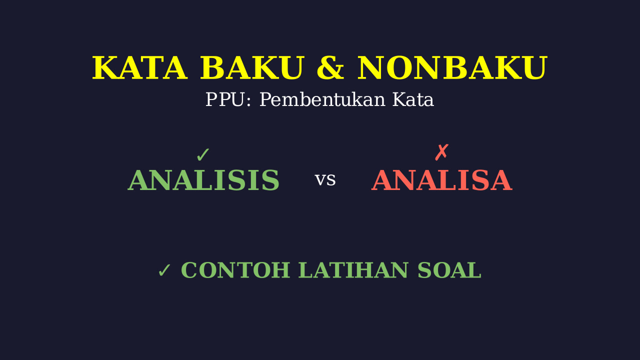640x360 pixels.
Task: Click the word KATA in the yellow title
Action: point(139,68)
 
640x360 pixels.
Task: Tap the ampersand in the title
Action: point(330,68)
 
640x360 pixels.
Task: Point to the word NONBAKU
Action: point(452,68)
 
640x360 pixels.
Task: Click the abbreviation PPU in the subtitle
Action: point(225,99)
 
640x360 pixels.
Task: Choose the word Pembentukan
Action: point(322,99)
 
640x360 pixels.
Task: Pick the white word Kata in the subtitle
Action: point(413,99)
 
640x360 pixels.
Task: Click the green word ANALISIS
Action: point(203,180)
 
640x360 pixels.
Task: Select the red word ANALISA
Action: point(441,180)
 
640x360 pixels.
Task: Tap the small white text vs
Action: point(325,180)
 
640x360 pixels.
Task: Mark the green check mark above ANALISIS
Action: point(203,155)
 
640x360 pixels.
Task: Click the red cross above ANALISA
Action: point(441,152)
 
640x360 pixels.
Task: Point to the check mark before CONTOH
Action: point(164,270)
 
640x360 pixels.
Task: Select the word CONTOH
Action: point(235,270)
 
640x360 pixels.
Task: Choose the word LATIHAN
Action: point(353,270)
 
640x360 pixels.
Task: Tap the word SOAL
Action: point(449,270)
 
